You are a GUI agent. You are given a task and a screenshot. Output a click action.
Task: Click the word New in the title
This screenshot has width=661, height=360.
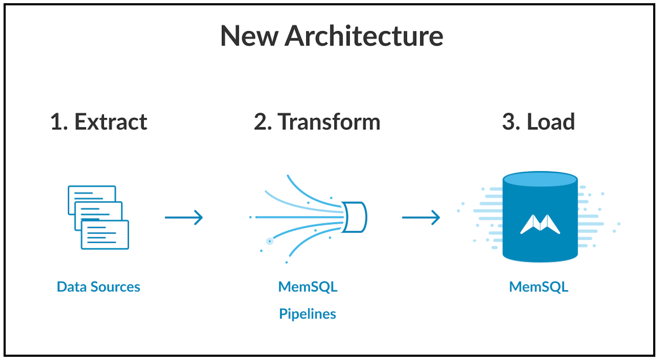click(249, 36)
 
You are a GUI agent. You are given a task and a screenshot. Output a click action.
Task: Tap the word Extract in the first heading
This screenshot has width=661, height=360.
click(111, 122)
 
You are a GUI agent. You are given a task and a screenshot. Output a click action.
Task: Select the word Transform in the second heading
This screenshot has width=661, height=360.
click(329, 122)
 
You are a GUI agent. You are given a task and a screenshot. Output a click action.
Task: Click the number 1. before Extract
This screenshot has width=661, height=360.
click(59, 122)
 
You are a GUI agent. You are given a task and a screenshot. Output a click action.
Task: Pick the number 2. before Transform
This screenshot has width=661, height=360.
click(263, 122)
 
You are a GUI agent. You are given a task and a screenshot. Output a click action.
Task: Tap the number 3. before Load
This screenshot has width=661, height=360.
click(511, 122)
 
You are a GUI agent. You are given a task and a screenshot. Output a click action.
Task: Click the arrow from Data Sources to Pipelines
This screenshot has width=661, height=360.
click(184, 217)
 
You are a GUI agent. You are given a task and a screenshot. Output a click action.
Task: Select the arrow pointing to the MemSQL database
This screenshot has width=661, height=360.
click(421, 217)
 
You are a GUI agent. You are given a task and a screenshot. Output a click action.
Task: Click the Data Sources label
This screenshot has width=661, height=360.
click(99, 287)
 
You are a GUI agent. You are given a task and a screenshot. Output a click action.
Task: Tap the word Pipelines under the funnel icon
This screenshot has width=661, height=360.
click(307, 314)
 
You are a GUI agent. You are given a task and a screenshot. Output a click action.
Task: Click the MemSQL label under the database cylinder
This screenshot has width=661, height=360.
click(539, 287)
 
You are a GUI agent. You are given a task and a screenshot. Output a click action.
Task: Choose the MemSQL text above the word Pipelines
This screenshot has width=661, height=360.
click(308, 287)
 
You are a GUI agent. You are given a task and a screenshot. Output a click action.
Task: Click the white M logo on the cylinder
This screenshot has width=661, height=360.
click(540, 224)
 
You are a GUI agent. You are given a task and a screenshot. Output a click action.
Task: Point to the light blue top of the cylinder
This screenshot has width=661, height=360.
click(540, 179)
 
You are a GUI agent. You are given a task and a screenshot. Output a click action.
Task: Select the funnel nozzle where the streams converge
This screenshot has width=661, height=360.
click(354, 217)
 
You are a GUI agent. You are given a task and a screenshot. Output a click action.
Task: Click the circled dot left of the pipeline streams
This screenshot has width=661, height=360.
click(270, 242)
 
